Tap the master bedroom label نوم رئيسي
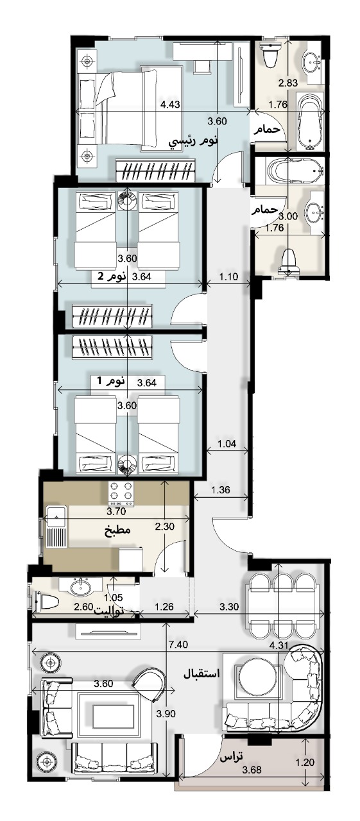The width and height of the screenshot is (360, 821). click(193, 140)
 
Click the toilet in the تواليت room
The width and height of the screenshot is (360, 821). click(46, 602)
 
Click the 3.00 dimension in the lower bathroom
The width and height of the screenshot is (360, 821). click(288, 216)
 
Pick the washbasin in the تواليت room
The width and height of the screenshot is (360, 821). click(80, 587)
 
